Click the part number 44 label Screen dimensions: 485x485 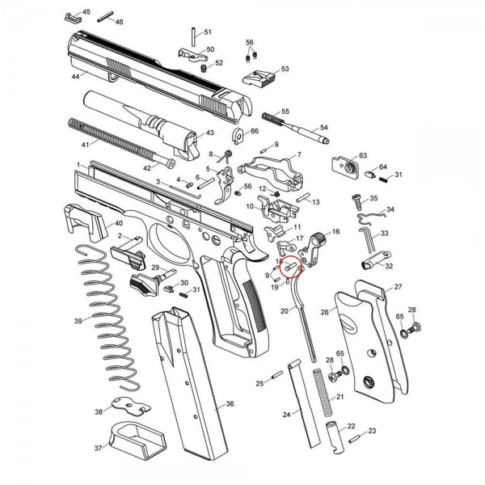tap(76, 77)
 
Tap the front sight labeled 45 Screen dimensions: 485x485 tap(73, 19)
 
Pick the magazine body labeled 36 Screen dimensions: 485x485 tap(189, 382)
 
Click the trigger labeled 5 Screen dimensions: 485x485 tap(226, 185)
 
